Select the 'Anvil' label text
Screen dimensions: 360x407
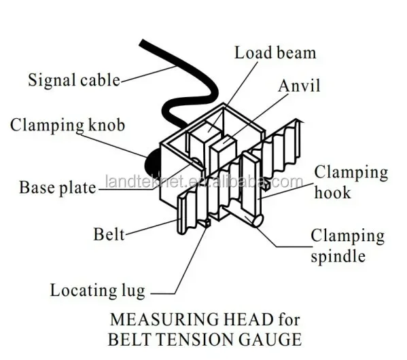pos(299,86)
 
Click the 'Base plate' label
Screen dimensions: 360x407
pos(57,187)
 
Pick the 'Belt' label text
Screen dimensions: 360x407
pos(109,234)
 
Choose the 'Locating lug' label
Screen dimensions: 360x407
pos(97,291)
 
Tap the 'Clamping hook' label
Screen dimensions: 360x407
pos(351,182)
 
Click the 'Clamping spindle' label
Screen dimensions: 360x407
pos(347,246)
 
